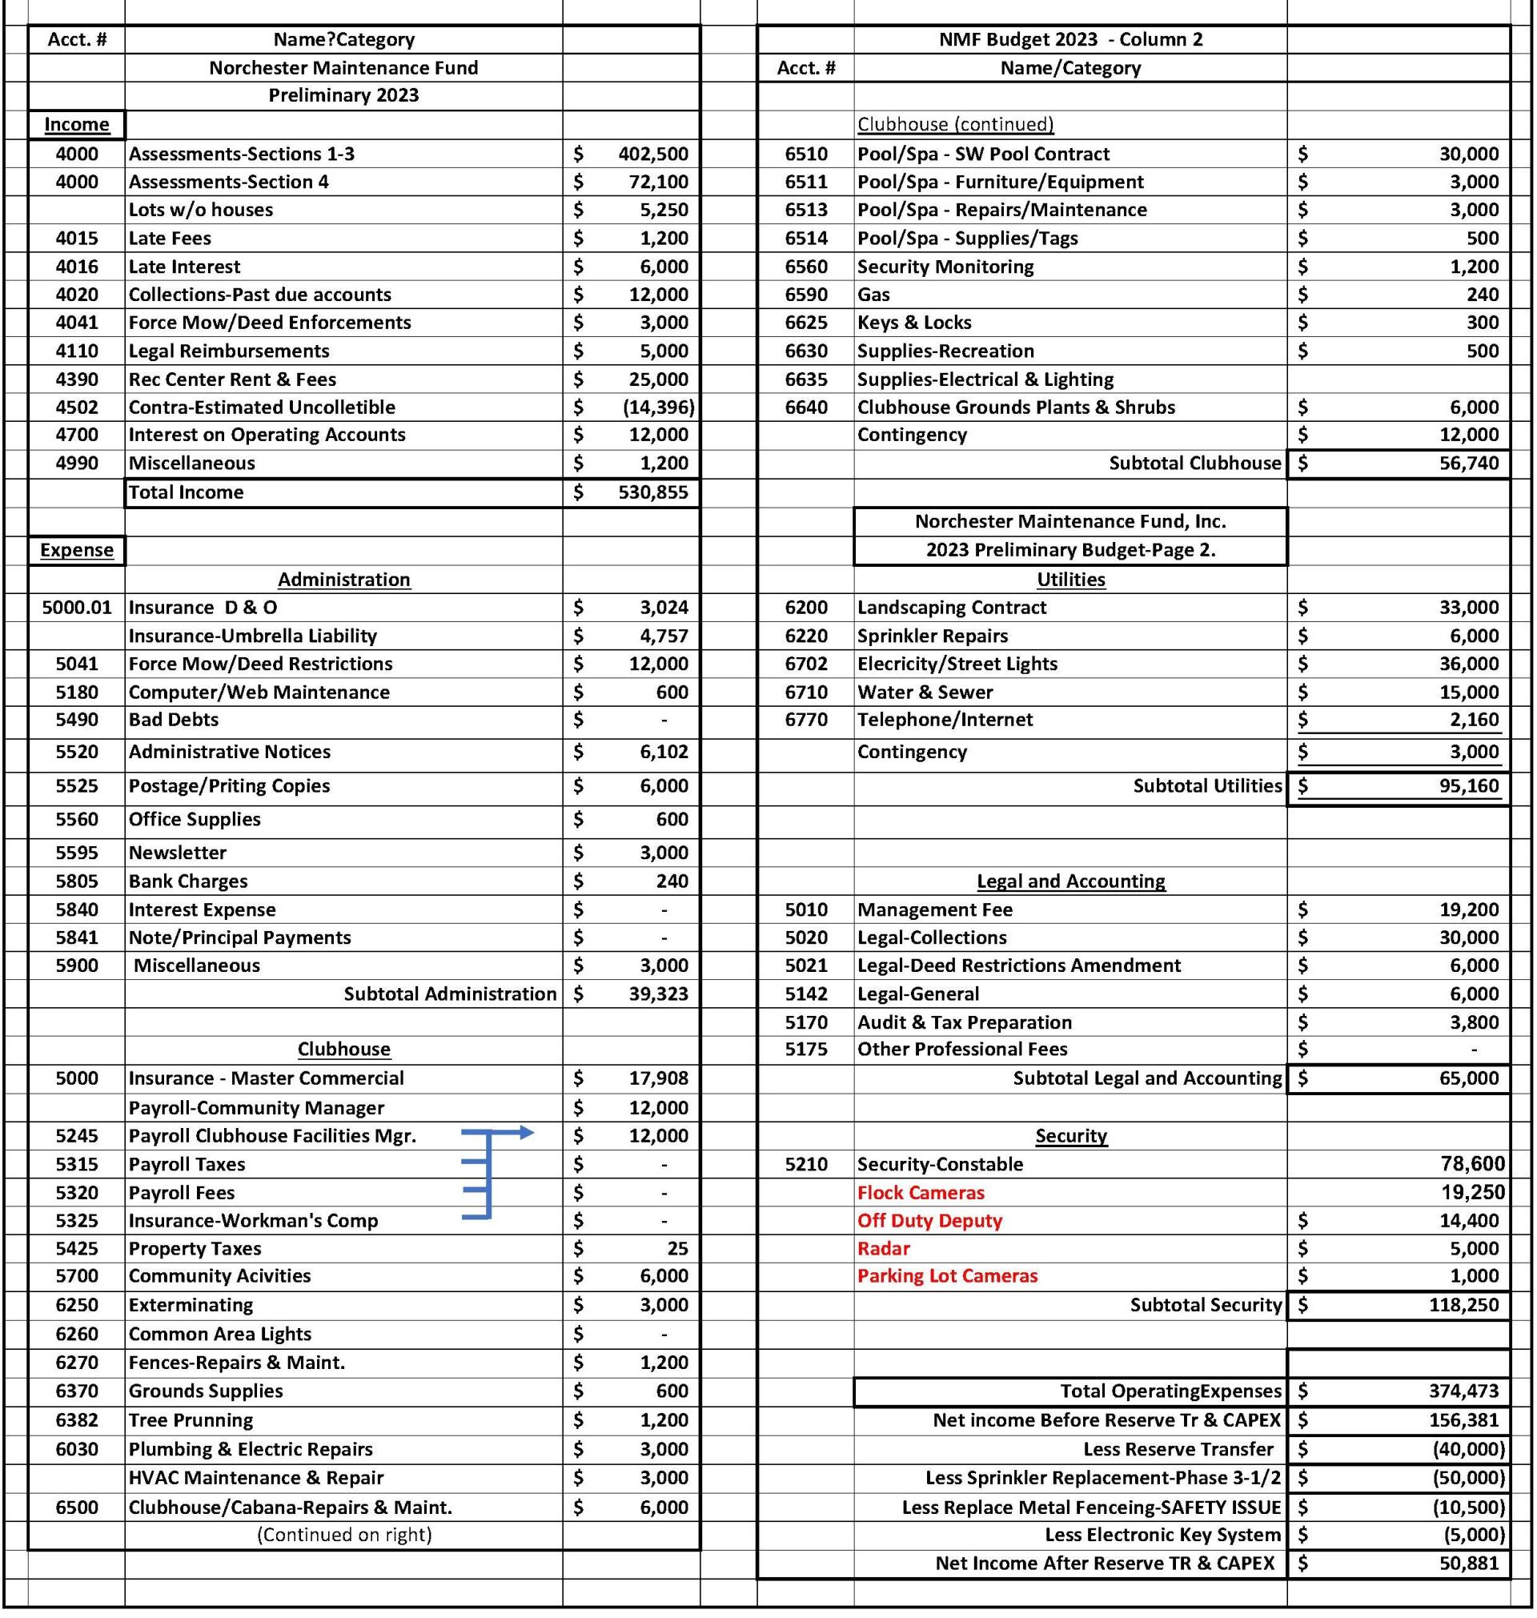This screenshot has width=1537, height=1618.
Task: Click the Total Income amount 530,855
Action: (x=653, y=492)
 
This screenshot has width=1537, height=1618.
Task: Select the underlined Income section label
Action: (x=76, y=125)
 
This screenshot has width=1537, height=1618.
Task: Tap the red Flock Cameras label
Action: (x=920, y=1193)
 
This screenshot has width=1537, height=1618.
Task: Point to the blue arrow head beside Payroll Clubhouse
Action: (x=526, y=1133)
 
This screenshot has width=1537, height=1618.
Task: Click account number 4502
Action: (x=76, y=408)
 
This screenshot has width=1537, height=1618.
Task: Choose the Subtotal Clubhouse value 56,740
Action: (x=1468, y=464)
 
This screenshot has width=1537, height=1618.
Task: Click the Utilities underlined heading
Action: (x=1070, y=579)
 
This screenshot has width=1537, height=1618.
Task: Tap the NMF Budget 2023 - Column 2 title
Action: (x=1070, y=39)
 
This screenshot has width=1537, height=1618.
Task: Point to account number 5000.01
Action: (x=76, y=607)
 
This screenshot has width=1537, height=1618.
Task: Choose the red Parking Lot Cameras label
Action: (x=947, y=1275)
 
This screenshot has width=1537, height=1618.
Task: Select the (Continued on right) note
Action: (x=343, y=1535)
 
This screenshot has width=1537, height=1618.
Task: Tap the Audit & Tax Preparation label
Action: (x=965, y=1022)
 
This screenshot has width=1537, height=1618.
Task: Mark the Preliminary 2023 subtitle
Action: (x=343, y=95)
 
